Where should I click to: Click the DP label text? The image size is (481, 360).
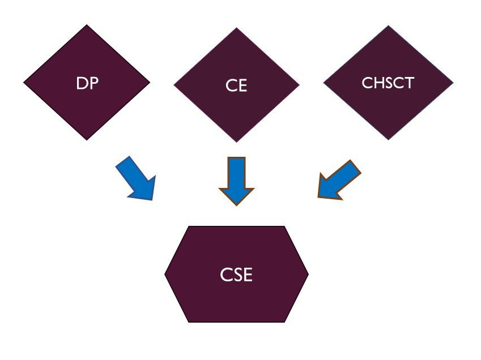click(x=87, y=83)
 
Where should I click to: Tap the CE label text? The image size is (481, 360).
click(x=236, y=87)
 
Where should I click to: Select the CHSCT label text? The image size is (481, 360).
click(x=388, y=83)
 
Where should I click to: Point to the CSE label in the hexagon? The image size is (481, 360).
click(x=236, y=276)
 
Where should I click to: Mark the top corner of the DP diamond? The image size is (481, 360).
click(x=87, y=25)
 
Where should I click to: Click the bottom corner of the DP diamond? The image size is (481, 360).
click(x=87, y=140)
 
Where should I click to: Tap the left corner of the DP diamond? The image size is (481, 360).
click(x=24, y=83)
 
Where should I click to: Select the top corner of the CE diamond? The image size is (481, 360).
click(x=236, y=28)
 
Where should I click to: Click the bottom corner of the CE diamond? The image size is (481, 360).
click(x=236, y=142)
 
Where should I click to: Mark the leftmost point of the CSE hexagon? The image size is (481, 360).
click(x=165, y=275)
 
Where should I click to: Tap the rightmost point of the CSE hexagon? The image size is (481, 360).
click(x=308, y=275)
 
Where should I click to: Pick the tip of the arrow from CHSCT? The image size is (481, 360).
click(x=318, y=198)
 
